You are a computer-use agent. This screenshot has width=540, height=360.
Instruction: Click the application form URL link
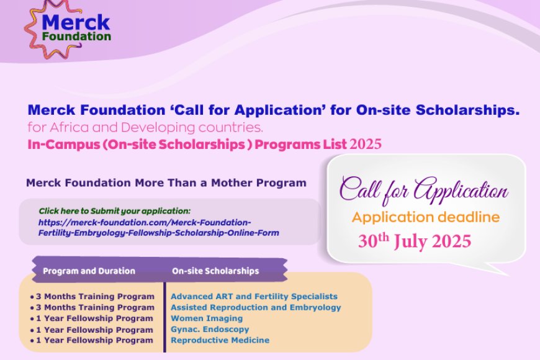[158, 227]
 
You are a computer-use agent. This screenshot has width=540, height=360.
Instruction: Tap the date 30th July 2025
[414, 240]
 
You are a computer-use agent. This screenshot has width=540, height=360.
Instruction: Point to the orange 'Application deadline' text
[425, 217]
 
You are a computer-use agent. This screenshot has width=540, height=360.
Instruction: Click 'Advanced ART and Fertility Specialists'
[254, 297]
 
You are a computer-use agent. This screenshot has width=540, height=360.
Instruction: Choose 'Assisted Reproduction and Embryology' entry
[256, 307]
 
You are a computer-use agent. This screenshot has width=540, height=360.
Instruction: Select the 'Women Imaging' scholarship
[207, 318]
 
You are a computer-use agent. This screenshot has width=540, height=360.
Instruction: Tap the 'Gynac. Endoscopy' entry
[210, 329]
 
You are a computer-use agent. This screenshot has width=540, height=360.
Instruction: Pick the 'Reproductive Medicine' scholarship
[220, 340]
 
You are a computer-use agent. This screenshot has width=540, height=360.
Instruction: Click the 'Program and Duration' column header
[89, 271]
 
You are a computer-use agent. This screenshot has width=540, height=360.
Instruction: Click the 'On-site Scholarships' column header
[215, 271]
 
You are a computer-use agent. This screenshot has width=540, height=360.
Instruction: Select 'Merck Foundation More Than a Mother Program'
[166, 183]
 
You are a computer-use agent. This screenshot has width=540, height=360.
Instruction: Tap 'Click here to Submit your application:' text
[114, 211]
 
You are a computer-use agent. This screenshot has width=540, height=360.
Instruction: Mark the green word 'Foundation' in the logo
[77, 36]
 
